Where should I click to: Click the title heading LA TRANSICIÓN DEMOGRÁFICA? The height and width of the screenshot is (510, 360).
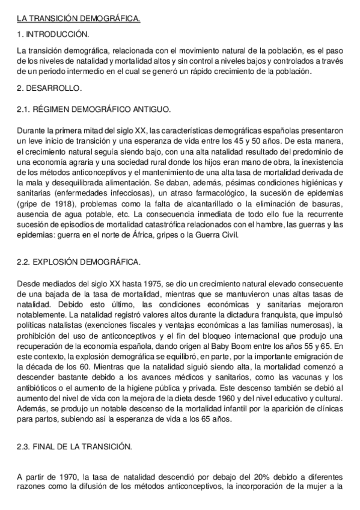tap(78, 19)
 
